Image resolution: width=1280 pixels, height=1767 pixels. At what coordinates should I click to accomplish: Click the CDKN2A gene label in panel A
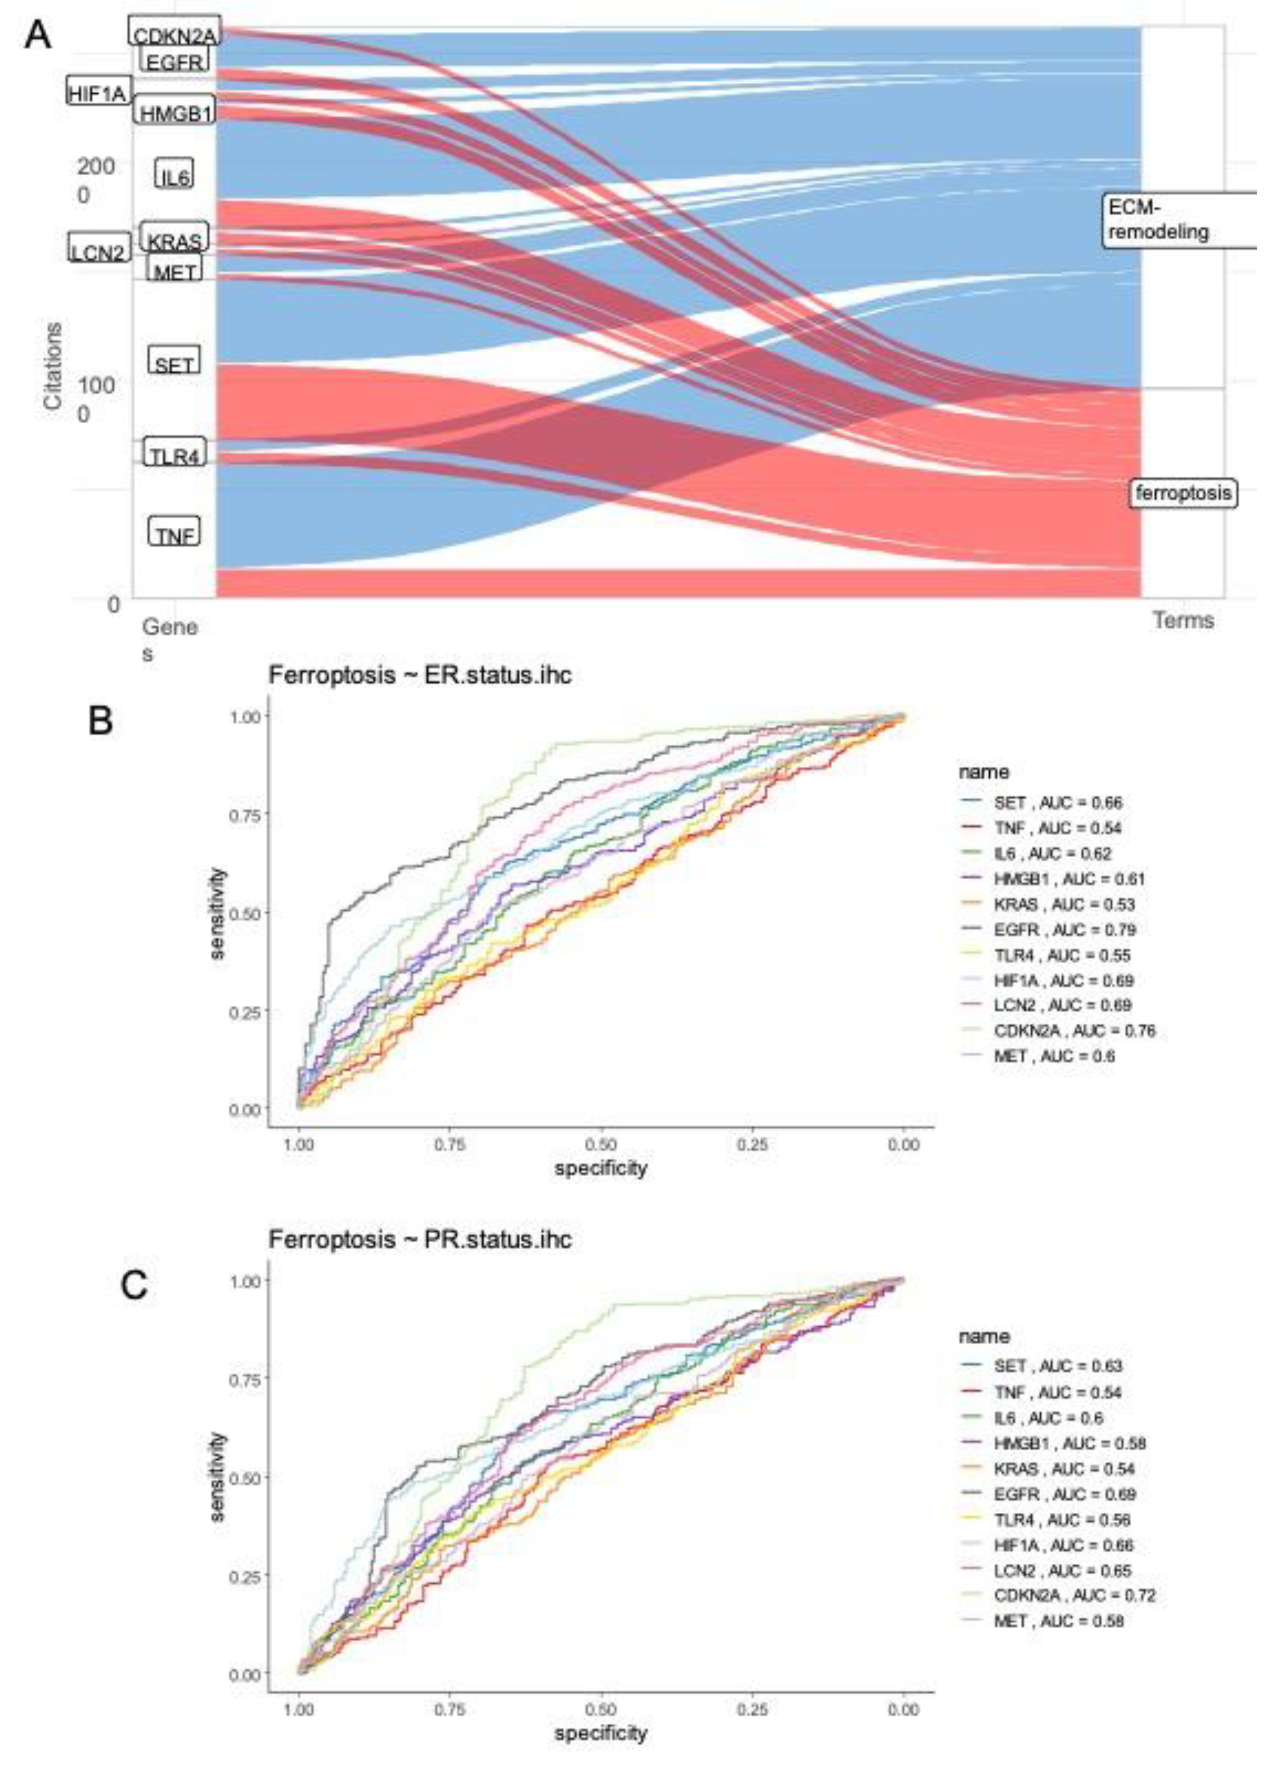[x=174, y=34]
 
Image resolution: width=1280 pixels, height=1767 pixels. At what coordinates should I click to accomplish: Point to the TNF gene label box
[x=174, y=535]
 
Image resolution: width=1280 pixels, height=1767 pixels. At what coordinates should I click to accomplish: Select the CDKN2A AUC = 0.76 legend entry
[x=1073, y=1031]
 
